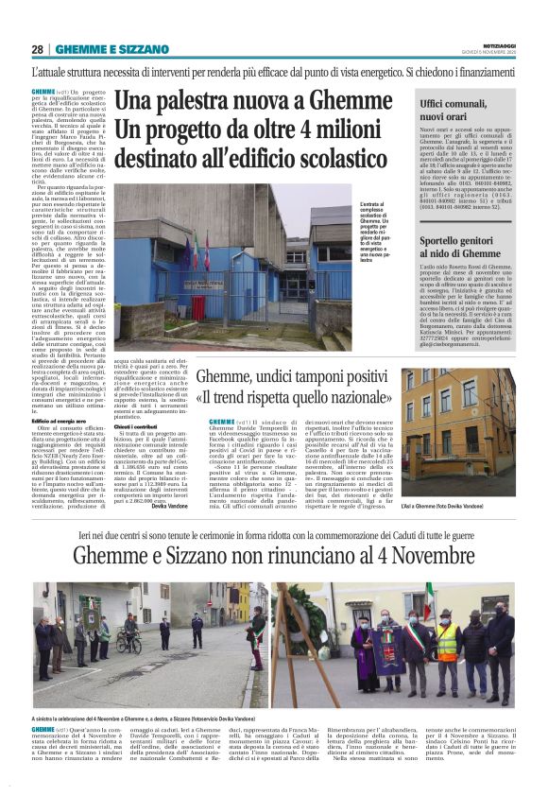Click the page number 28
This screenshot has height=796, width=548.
[x=37, y=49]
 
